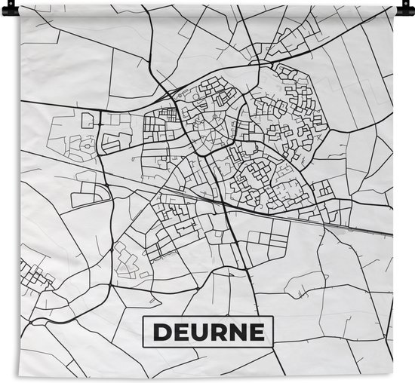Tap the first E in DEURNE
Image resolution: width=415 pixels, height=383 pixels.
click(x=178, y=332)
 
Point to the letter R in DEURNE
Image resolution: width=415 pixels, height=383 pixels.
click(x=216, y=332)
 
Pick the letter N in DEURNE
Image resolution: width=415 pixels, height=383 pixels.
click(x=236, y=332)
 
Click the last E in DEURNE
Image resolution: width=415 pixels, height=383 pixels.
click(x=255, y=332)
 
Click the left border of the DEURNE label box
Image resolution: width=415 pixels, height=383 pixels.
click(x=144, y=332)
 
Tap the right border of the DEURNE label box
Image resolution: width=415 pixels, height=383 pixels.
click(x=272, y=332)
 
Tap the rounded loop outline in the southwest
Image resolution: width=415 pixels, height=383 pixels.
click(x=127, y=261)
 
